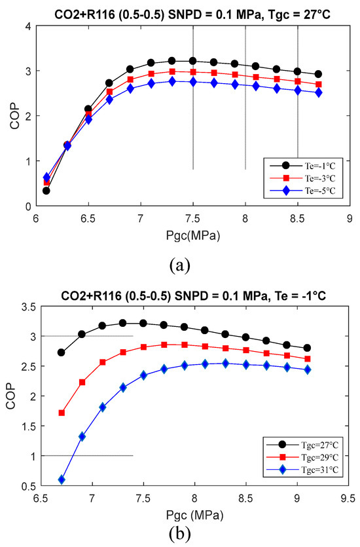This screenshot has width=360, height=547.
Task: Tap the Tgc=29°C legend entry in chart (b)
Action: click(302, 457)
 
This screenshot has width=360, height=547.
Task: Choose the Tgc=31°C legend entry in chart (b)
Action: click(302, 470)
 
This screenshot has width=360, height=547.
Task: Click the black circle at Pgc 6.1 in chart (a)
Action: click(46, 191)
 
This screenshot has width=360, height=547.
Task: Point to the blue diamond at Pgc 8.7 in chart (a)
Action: click(318, 93)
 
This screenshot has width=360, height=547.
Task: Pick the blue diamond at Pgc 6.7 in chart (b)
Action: click(62, 480)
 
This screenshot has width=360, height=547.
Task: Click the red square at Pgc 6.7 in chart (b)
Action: click(62, 413)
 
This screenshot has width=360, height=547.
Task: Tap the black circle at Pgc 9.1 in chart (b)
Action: click(307, 348)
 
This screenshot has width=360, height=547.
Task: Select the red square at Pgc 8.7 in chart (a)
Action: click(318, 85)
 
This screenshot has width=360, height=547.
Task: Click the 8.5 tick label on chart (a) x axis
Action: click(297, 219)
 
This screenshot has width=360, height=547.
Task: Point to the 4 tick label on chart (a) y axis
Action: click(29, 26)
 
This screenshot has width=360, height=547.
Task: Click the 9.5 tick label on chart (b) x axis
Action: click(348, 498)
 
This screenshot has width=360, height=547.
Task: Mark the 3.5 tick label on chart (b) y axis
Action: click(29, 307)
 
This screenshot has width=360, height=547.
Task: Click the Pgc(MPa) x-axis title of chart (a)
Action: click(192, 236)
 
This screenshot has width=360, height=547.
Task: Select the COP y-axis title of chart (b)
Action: click(11, 396)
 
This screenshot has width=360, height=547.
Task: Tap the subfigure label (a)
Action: click(180, 266)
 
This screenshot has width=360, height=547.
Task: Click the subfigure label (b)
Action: click(180, 533)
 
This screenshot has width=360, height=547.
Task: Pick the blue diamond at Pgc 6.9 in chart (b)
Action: click(82, 436)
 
